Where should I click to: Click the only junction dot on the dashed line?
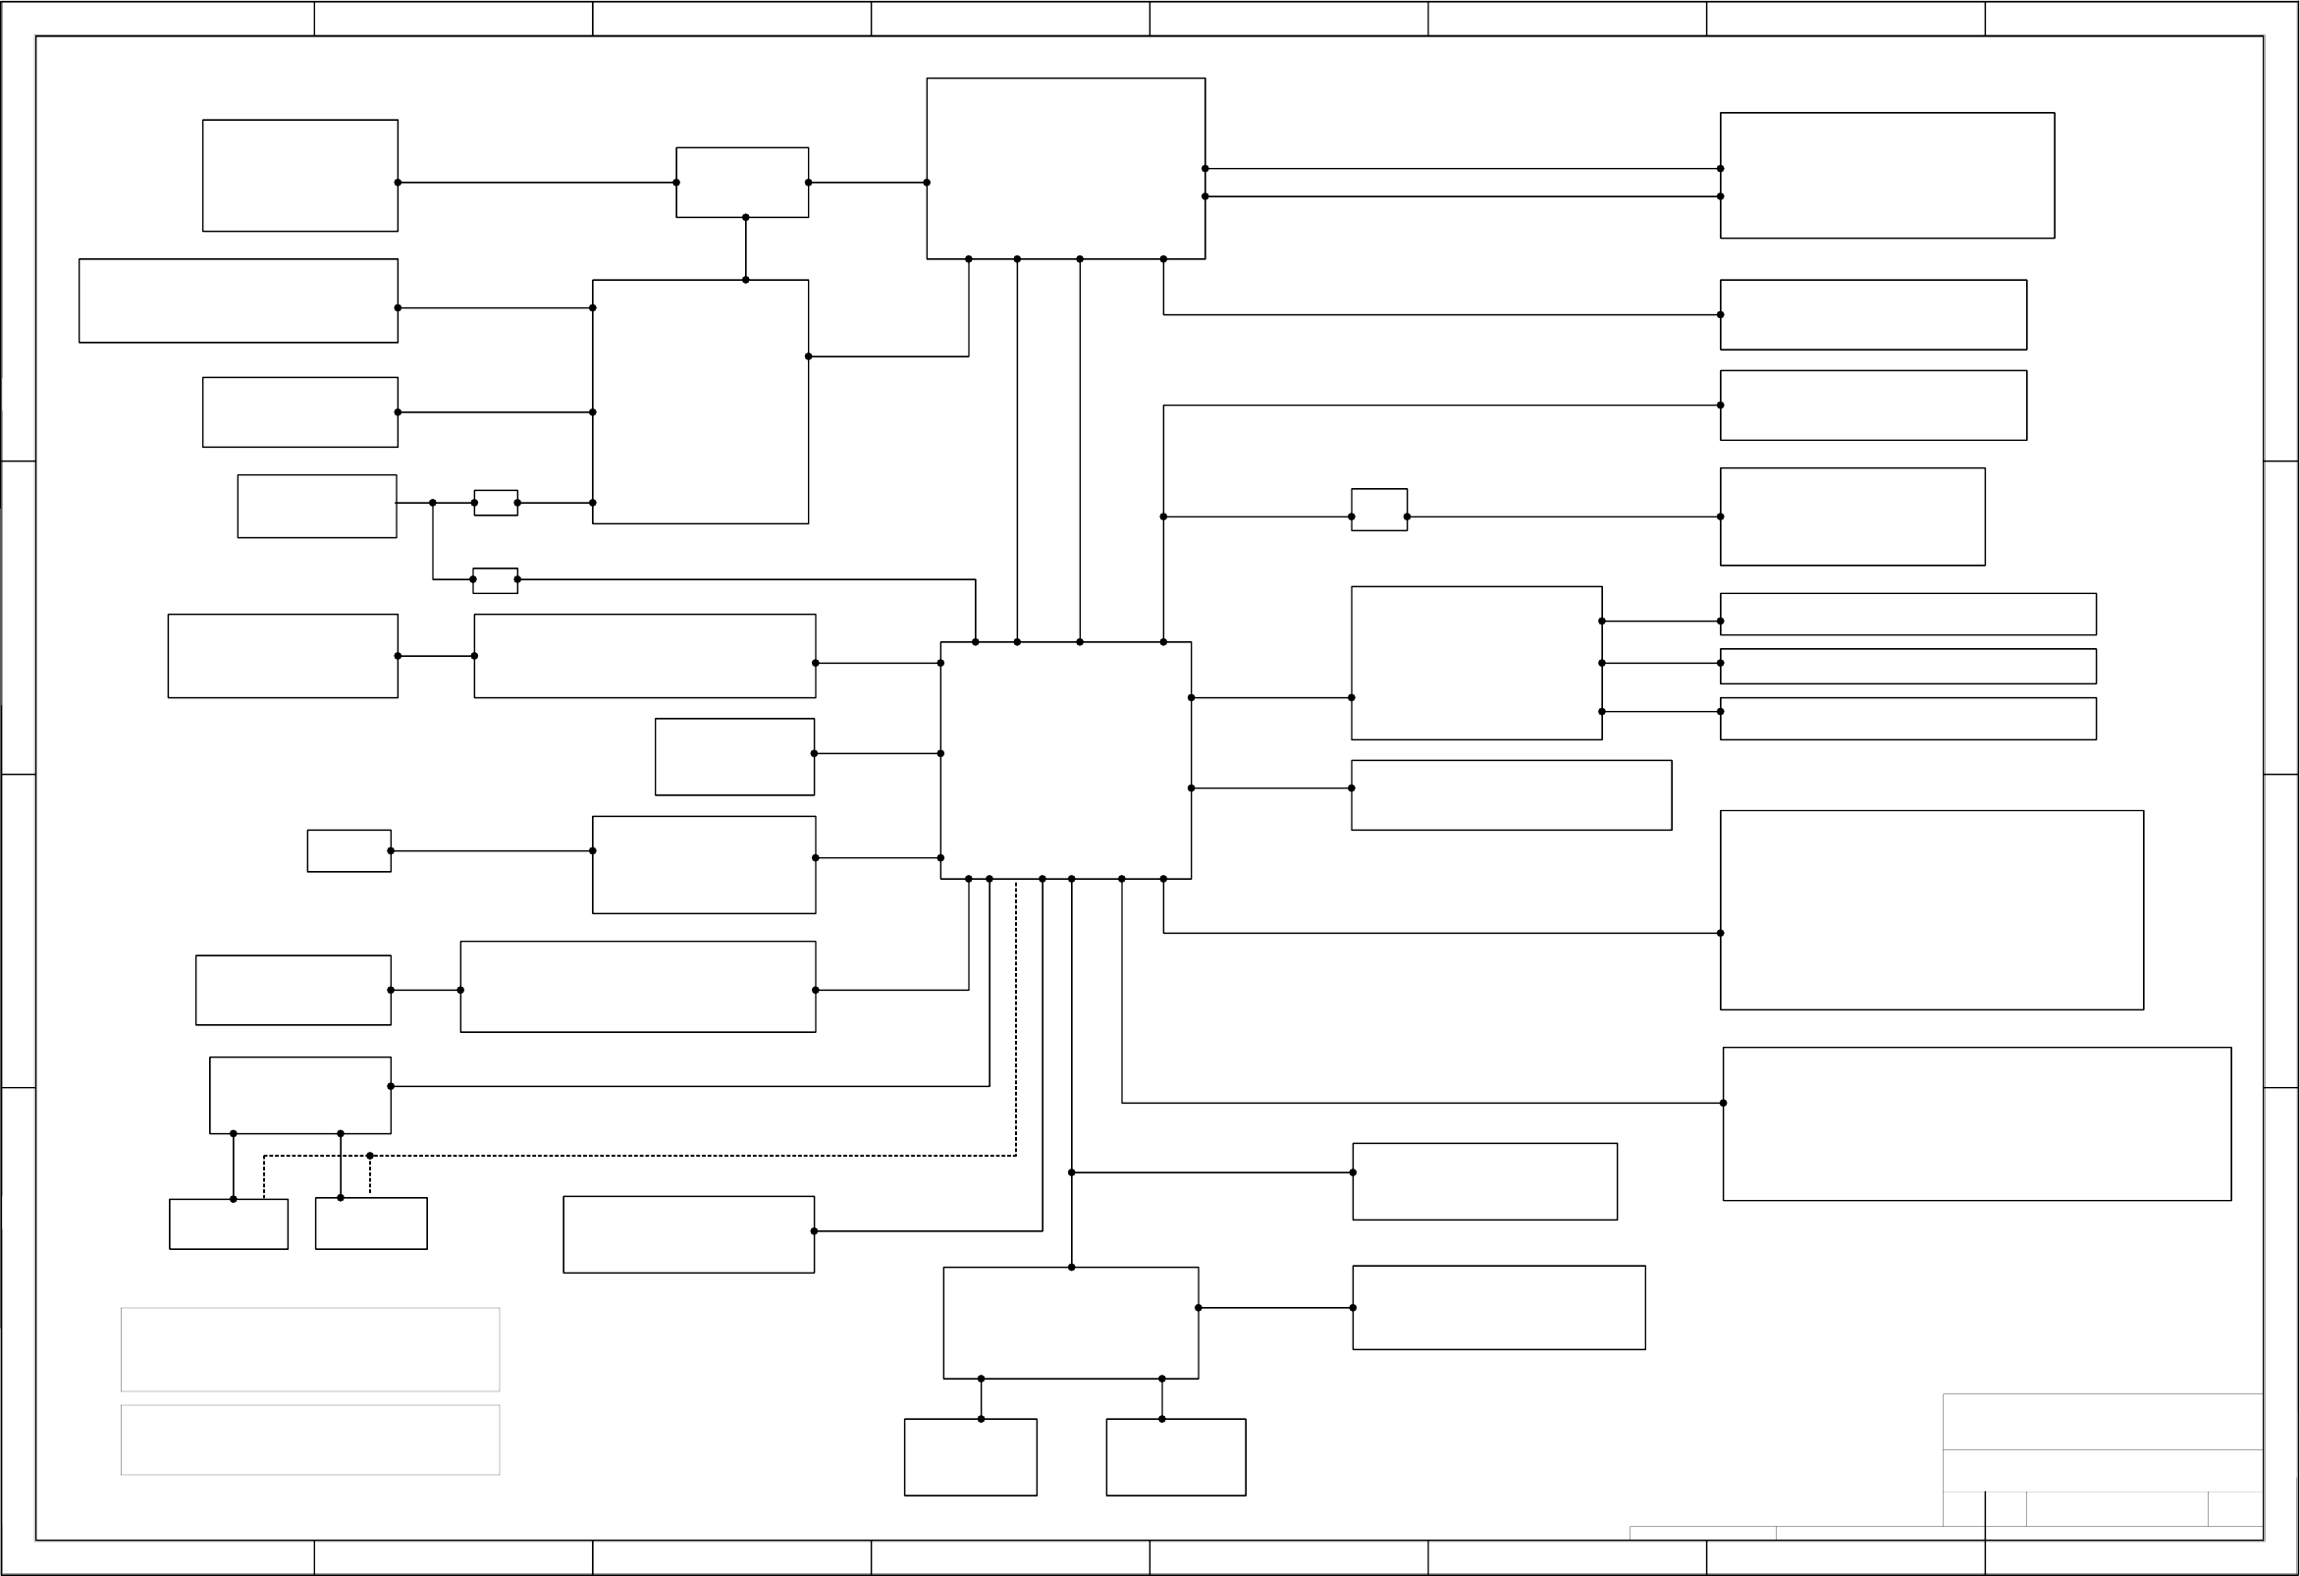coord(370,1156)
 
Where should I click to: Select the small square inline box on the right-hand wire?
coord(1378,510)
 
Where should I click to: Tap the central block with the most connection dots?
coord(1065,759)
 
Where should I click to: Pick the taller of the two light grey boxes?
coord(310,1349)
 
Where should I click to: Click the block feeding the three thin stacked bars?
coord(1475,662)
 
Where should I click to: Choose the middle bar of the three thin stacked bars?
coord(1907,666)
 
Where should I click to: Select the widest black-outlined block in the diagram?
coord(1976,1123)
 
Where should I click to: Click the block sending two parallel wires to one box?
coord(1065,168)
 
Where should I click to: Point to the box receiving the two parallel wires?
coord(1887,175)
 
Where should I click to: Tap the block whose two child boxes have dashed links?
coord(299,1095)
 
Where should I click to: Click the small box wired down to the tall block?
coord(741,183)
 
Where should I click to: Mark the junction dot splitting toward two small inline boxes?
coord(433,503)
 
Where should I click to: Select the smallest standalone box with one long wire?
coord(348,850)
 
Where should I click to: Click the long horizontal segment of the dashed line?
coord(643,1156)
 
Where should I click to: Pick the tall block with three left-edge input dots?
coord(700,401)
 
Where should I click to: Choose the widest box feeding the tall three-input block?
coord(238,300)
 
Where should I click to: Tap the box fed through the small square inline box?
coord(1851,516)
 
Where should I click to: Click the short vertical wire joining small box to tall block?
coord(745,248)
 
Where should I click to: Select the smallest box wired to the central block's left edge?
coord(734,756)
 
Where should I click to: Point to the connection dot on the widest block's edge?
coord(1723,1103)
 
